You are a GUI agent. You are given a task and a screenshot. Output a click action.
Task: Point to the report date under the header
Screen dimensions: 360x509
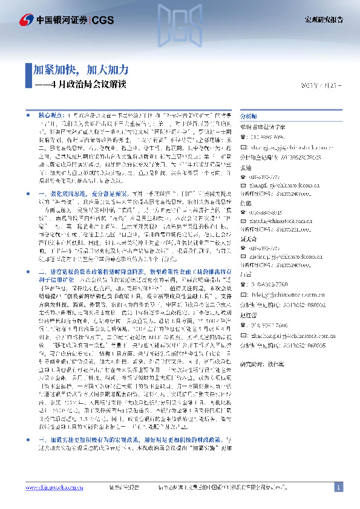click(x=321, y=85)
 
